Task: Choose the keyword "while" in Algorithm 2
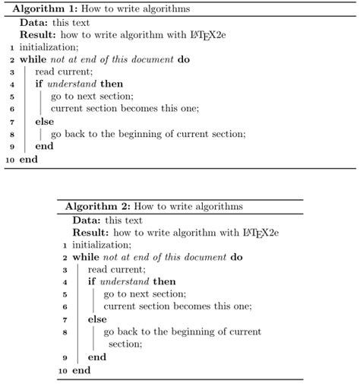click(87, 257)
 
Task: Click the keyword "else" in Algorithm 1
click(45, 121)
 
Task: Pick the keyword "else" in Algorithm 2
click(97, 319)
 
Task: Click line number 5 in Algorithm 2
click(65, 294)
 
